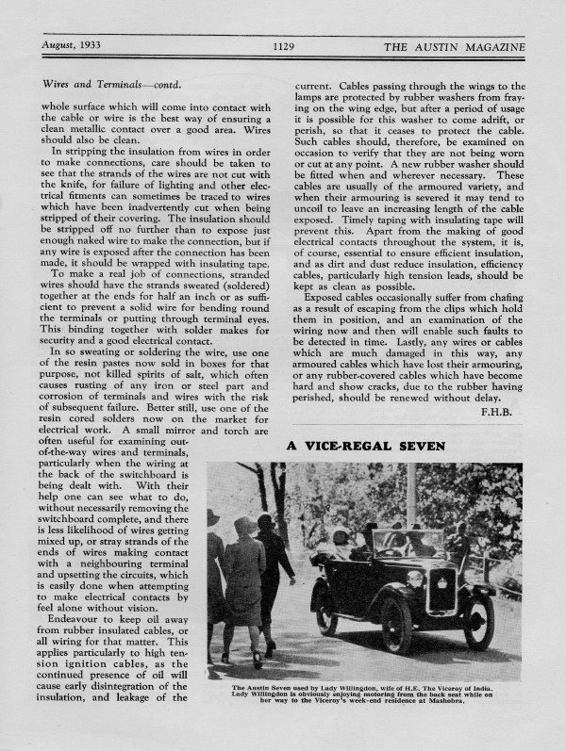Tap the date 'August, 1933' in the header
coord(74,45)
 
